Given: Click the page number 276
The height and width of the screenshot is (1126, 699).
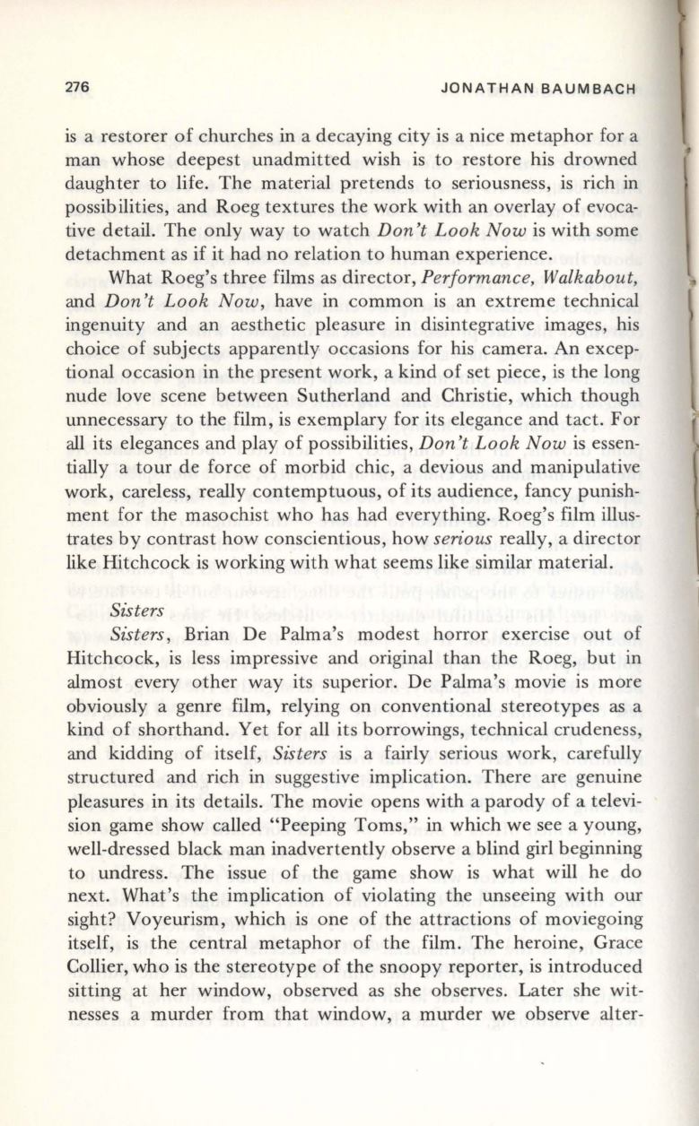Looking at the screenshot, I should [x=77, y=88].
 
